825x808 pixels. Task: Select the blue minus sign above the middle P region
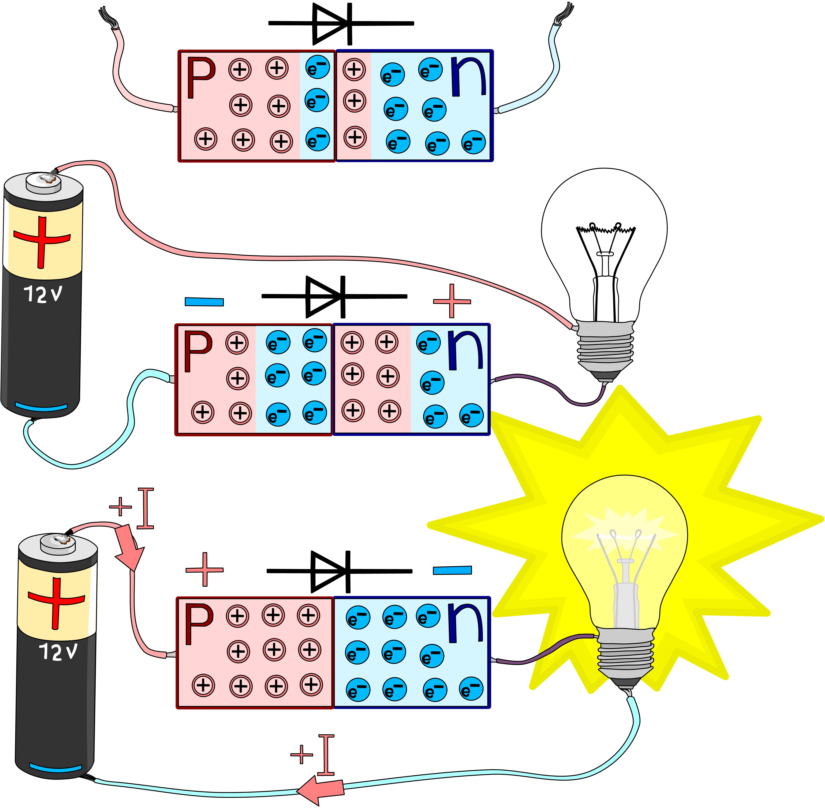point(204,302)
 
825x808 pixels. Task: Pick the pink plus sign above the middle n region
point(452,301)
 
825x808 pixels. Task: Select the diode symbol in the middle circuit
point(327,297)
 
